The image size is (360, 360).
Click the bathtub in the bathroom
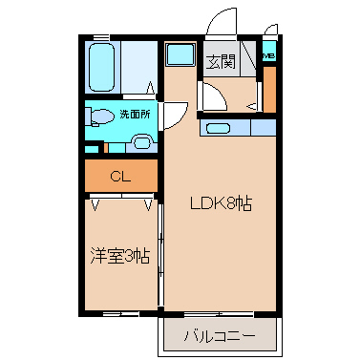coord(100,65)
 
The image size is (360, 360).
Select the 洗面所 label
coord(134,116)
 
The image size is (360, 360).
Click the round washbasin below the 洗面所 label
coord(142,143)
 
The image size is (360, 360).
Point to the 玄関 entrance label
coord(222,63)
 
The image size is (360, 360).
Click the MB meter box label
coord(269,55)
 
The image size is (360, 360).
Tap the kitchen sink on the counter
coord(218,127)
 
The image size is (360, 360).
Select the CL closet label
coord(120,176)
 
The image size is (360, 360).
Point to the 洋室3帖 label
coord(120,255)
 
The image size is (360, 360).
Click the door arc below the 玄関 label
coord(212,95)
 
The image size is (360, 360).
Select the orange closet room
coord(120,176)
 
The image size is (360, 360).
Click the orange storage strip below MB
coord(269,89)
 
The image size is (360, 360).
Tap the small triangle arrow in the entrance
coord(251,106)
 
